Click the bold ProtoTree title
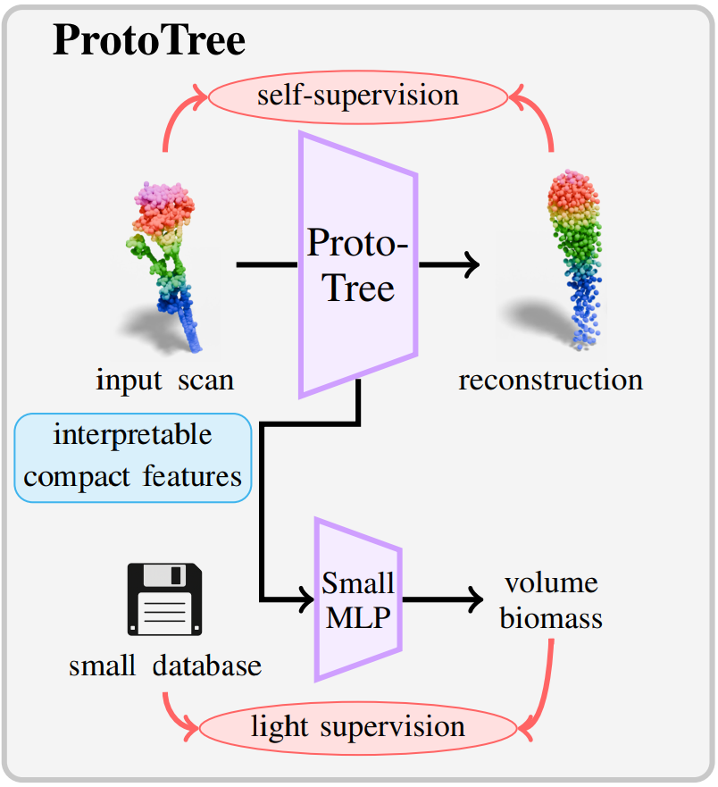(149, 39)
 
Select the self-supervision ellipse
(358, 96)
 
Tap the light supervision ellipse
(358, 728)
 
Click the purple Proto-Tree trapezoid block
(358, 264)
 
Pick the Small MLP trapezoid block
(358, 599)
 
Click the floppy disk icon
(164, 599)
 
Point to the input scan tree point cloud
(164, 267)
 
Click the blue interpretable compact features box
(133, 457)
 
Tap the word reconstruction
(550, 380)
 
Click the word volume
(551, 582)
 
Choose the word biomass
(551, 618)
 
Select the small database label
(165, 666)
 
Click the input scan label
(164, 381)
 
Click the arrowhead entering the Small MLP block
(306, 599)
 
